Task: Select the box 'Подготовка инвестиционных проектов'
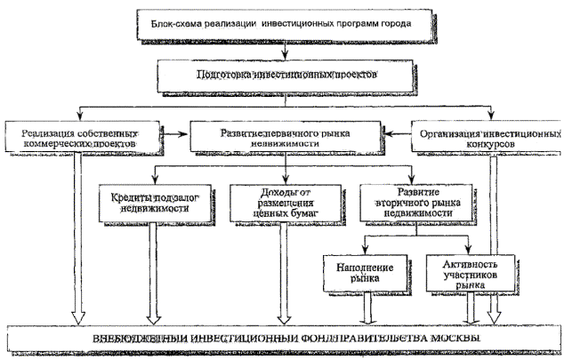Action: (x=284, y=74)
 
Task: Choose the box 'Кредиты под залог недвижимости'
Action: (x=153, y=202)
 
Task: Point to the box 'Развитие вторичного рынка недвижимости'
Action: (x=412, y=203)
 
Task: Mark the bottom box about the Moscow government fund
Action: (x=282, y=340)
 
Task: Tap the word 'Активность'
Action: (x=466, y=265)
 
